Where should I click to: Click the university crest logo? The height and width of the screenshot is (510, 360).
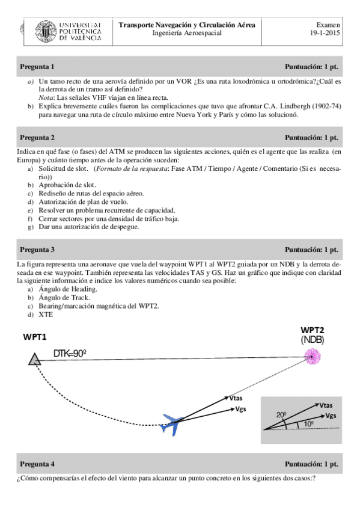point(46,31)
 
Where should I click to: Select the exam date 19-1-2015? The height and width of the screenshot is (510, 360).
point(325,33)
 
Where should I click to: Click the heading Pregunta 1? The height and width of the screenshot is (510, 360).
point(37,67)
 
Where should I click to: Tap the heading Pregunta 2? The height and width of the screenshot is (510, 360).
point(37,138)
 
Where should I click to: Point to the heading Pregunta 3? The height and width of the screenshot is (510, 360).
point(37,250)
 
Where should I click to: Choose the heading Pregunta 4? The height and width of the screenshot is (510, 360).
point(37,464)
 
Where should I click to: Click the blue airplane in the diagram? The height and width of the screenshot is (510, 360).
point(171,424)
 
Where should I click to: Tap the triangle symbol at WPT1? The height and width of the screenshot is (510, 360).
point(34,360)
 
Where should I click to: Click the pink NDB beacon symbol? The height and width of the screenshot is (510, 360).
point(313,356)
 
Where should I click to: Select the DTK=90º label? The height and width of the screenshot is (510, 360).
point(70,353)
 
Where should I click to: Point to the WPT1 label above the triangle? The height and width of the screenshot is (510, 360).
point(35,337)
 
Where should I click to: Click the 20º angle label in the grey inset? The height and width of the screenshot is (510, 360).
point(281,415)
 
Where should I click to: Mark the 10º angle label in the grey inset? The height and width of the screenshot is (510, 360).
point(309,424)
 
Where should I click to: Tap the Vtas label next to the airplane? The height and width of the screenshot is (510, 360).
point(236,398)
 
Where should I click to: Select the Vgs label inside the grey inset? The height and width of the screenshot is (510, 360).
point(331,416)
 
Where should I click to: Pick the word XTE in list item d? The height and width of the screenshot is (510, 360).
point(46,315)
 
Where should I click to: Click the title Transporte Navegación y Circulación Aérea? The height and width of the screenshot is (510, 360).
point(187,25)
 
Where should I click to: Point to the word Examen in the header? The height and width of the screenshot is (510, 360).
point(328,25)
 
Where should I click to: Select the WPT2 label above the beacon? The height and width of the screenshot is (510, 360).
point(313,330)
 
